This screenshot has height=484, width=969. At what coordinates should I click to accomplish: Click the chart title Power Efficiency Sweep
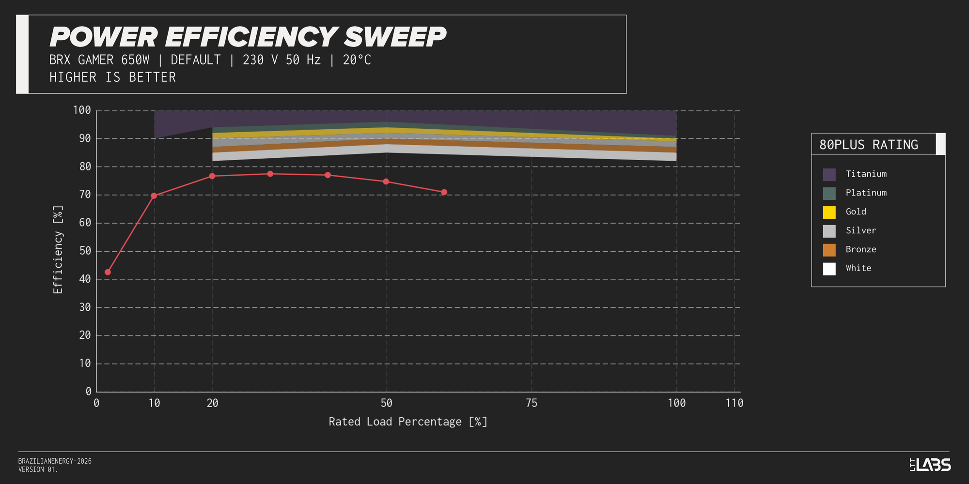coord(248,37)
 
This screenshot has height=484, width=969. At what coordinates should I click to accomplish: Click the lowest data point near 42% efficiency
coord(108,272)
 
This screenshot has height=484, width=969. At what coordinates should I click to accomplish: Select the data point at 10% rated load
coord(154,196)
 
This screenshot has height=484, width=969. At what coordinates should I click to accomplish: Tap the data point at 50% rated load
coord(386,181)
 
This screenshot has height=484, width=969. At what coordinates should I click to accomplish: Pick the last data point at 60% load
coord(444,192)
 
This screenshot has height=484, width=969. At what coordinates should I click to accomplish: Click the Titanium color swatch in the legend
coord(829,174)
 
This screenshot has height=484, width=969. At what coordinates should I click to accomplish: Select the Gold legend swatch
coord(829,212)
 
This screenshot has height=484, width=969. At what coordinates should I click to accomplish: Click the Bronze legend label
coord(860,249)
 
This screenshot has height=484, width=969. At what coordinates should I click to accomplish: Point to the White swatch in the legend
coord(829,269)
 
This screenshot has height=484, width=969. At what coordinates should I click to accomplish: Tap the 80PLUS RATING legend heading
coord(868,145)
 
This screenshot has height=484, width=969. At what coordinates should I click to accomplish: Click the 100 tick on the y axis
coord(82,110)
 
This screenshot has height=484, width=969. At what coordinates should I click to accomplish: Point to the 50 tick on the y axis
coord(85,251)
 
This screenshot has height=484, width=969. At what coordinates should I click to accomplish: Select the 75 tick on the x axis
coord(531,403)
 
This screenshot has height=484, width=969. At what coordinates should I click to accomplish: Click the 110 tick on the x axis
coord(734,403)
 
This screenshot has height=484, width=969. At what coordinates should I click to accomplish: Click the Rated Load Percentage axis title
coord(408,422)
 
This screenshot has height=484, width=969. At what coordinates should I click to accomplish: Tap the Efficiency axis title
coord(58,249)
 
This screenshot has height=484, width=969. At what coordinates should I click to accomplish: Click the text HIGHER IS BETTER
coord(112,77)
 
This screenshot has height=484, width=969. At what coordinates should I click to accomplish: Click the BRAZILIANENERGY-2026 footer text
coord(55,461)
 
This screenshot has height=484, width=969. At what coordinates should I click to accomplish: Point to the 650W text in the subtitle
coord(135,60)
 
